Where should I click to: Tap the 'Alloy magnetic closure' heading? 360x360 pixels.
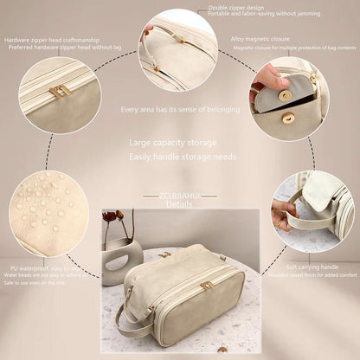tap(260, 39)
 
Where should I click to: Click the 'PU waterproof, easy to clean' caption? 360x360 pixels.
tap(43, 269)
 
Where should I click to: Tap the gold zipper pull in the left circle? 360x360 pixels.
tap(60, 91)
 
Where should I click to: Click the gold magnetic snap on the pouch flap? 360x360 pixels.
tap(289, 119)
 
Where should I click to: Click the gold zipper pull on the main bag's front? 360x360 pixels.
tap(207, 285)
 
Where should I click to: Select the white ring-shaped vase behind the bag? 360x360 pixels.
tap(122, 257)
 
